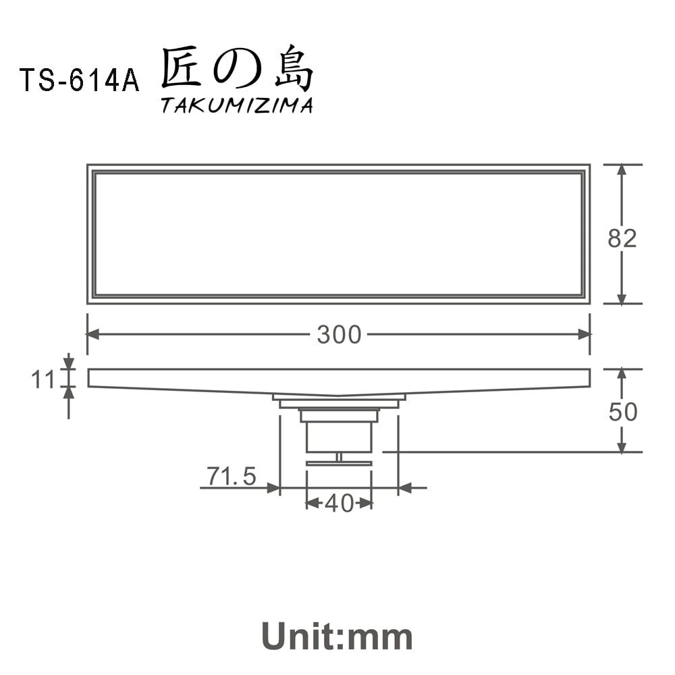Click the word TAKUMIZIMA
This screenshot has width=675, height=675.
click(x=236, y=106)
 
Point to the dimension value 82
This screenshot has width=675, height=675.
click(x=622, y=238)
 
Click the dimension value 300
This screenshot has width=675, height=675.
click(x=339, y=335)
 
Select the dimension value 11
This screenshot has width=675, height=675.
click(x=43, y=380)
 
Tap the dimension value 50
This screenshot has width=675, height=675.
click(x=622, y=412)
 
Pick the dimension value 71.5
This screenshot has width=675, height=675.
click(x=232, y=477)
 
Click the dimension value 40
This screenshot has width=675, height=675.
click(x=339, y=503)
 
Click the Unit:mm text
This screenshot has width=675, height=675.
click(x=337, y=636)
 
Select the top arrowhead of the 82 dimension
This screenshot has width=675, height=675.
click(x=622, y=171)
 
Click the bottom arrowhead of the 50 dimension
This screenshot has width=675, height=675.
click(x=622, y=446)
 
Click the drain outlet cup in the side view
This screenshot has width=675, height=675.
click(x=339, y=435)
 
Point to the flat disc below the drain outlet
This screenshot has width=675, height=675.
click(x=339, y=464)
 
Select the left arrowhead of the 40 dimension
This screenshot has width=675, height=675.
click(x=312, y=503)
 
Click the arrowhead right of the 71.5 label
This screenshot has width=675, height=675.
click(x=273, y=487)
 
